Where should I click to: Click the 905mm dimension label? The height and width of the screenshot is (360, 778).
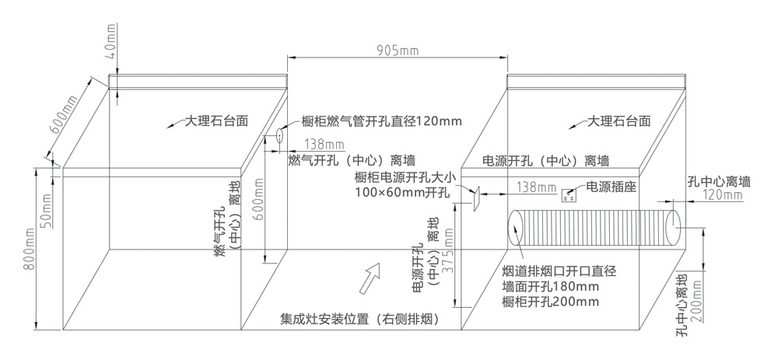pyautogui.click(x=398, y=51)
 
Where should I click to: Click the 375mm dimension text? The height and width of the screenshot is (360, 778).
pyautogui.click(x=447, y=250)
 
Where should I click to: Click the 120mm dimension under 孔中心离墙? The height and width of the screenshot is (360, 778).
pyautogui.click(x=724, y=196)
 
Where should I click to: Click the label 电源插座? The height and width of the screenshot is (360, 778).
pyautogui.click(x=611, y=187)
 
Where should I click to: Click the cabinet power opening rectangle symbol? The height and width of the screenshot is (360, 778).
pyautogui.click(x=476, y=198)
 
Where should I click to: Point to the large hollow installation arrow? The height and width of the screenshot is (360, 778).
pyautogui.click(x=369, y=277)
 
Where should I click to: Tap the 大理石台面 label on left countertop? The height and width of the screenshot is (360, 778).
pyautogui.click(x=216, y=121)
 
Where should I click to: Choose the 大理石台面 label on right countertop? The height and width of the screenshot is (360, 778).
pyautogui.click(x=619, y=121)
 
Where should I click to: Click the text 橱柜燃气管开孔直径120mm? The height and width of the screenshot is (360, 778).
pyautogui.click(x=381, y=121)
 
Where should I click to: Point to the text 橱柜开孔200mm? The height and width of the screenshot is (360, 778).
pyautogui.click(x=550, y=302)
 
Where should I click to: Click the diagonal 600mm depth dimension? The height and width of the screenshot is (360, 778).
pyautogui.click(x=64, y=116)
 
